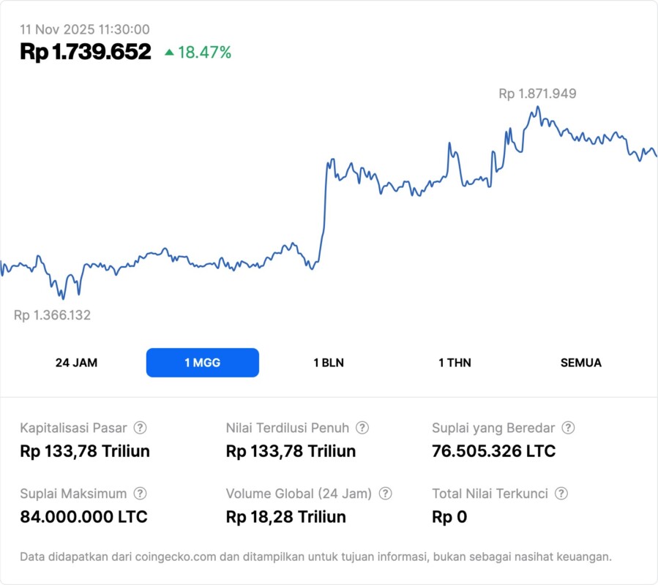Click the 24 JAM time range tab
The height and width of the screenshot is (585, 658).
click(x=76, y=363)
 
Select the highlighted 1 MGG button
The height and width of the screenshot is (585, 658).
click(x=203, y=363)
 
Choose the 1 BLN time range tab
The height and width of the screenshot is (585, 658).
click(x=329, y=363)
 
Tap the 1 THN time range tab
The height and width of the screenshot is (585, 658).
click(x=455, y=363)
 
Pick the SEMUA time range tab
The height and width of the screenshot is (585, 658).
click(x=581, y=363)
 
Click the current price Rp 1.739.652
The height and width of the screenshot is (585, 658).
click(x=86, y=52)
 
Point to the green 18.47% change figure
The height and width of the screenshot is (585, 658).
click(x=204, y=53)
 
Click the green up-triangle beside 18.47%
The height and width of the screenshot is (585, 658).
click(x=169, y=53)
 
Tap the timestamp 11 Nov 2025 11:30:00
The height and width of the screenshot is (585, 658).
click(x=85, y=29)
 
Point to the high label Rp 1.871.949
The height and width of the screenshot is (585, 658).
click(x=537, y=94)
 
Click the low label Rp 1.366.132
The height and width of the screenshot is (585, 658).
click(x=52, y=315)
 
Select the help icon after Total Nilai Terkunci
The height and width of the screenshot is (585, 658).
click(x=561, y=494)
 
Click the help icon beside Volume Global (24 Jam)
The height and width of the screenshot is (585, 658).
click(x=386, y=494)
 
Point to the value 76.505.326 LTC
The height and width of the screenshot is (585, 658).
click(x=494, y=451)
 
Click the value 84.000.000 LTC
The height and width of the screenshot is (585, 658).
click(x=83, y=517)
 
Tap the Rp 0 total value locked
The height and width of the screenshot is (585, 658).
click(x=449, y=517)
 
